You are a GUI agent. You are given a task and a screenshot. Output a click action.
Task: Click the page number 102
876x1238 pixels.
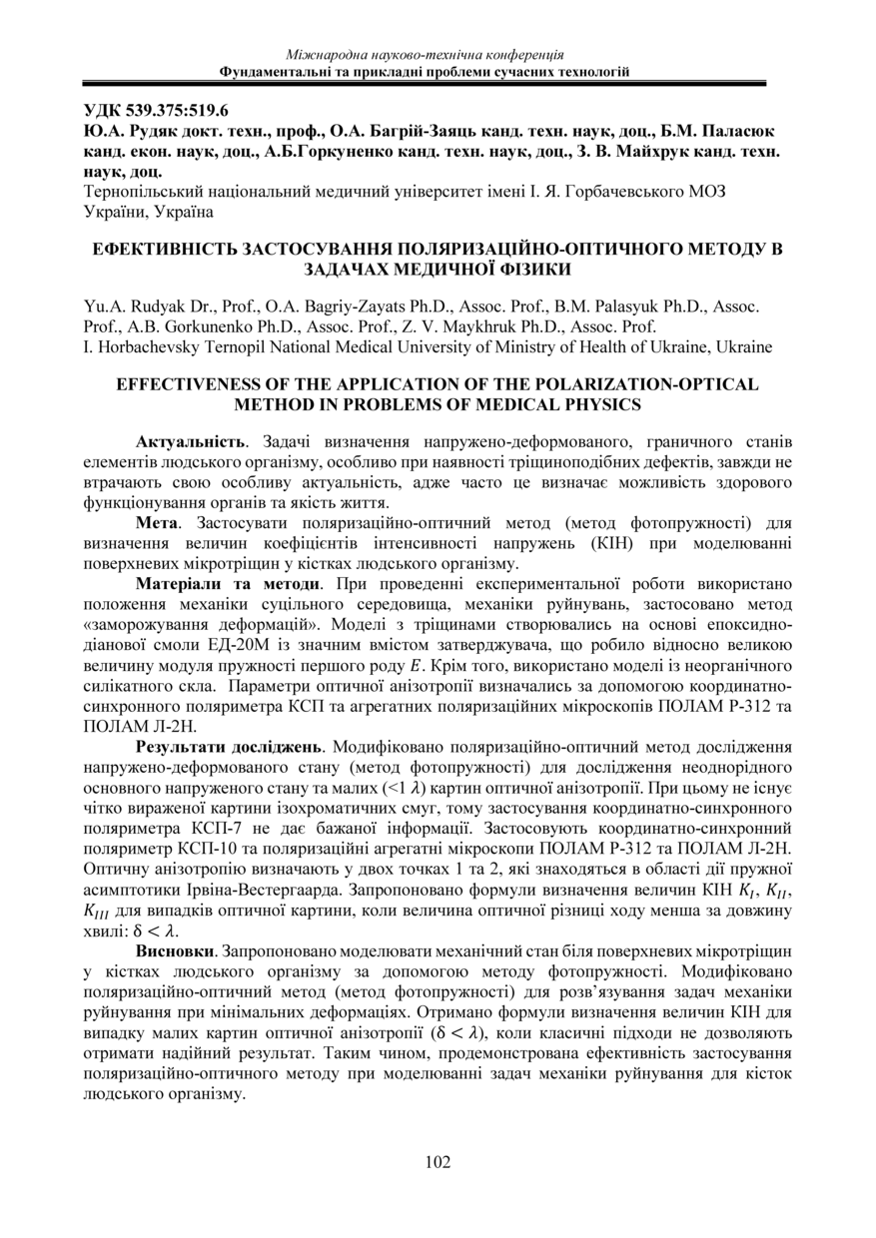[x=438, y=1161]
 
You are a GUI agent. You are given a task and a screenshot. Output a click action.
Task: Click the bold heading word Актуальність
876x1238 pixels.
[x=190, y=440]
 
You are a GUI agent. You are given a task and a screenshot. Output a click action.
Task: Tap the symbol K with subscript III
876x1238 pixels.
[x=99, y=910]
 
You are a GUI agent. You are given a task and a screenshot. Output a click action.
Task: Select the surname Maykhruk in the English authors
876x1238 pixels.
[x=497, y=327]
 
